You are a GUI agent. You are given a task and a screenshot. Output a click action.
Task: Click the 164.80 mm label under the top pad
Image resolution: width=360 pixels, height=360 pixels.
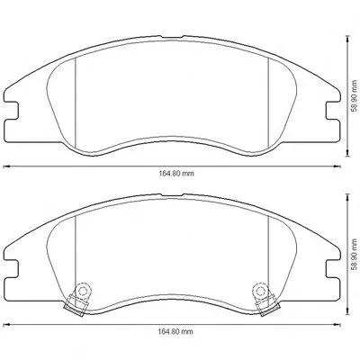176,174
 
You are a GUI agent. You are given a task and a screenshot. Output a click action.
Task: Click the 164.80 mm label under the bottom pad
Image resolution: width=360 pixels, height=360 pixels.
175,331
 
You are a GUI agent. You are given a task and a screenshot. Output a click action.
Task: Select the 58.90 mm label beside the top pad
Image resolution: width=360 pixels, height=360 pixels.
355,94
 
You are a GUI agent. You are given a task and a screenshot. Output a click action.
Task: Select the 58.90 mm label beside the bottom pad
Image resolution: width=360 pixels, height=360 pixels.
355,253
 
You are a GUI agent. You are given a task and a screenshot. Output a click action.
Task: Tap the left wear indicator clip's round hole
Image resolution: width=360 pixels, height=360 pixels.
82,291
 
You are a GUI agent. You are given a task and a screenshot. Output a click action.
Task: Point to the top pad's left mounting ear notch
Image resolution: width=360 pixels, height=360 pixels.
12,111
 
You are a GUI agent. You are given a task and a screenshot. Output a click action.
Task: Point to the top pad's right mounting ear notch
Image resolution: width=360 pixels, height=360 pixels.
333,111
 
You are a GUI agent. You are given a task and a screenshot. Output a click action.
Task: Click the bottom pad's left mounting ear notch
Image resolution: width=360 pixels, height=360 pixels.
12,269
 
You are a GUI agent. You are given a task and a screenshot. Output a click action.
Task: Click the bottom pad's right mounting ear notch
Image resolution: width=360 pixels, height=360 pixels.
333,269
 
